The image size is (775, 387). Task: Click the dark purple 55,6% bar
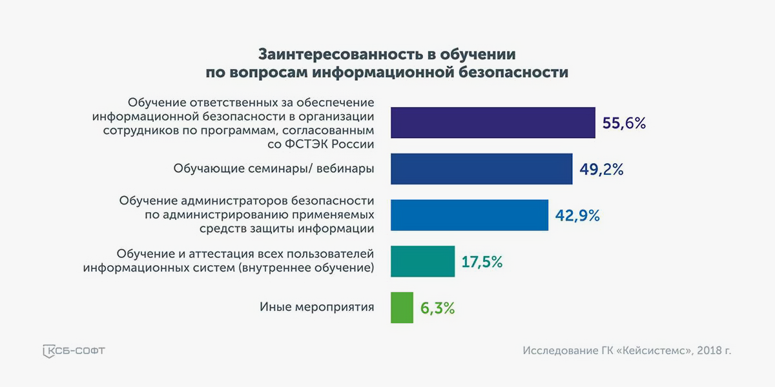pyautogui.click(x=493, y=123)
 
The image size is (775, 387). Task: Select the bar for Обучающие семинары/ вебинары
pyautogui.click(x=482, y=169)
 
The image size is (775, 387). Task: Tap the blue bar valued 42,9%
pyautogui.click(x=470, y=215)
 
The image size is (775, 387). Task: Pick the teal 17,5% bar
pyautogui.click(x=423, y=262)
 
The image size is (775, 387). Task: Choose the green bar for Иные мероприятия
pyautogui.click(x=402, y=308)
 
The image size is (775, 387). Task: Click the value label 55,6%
pyautogui.click(x=624, y=123)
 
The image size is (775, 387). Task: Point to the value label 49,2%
pyautogui.click(x=602, y=170)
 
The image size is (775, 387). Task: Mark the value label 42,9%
pyautogui.click(x=577, y=215)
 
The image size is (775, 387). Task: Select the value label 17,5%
pyautogui.click(x=482, y=262)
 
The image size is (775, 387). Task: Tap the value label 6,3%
pyautogui.click(x=437, y=308)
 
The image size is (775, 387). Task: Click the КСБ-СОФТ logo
pyautogui.click(x=74, y=351)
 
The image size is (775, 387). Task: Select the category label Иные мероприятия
pyautogui.click(x=317, y=307)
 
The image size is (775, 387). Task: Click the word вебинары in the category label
pyautogui.click(x=346, y=168)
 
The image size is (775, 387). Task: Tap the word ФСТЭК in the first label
pyautogui.click(x=306, y=144)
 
